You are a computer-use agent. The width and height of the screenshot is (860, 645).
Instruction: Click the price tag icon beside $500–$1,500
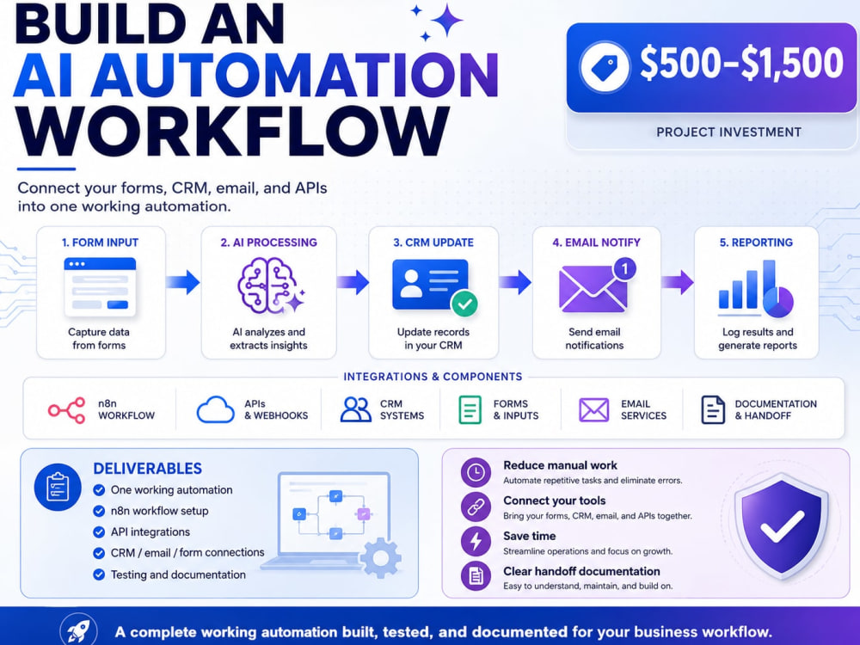tap(605, 67)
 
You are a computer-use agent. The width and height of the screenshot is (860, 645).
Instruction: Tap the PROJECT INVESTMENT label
tap(729, 132)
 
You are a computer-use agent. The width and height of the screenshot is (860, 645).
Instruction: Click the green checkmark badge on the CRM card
tap(464, 304)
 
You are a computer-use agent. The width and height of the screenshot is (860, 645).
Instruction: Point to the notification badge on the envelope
tap(624, 268)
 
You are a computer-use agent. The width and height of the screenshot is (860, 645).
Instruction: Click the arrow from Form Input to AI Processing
tap(182, 282)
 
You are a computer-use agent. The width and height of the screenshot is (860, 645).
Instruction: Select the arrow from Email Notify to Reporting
tap(678, 282)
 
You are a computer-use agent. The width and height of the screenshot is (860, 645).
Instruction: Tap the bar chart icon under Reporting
tap(756, 289)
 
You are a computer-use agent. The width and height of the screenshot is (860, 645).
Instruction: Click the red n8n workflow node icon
tap(67, 410)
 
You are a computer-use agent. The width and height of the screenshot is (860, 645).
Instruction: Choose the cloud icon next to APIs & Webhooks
tap(216, 409)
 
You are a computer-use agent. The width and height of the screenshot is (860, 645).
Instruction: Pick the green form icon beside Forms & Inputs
tap(470, 409)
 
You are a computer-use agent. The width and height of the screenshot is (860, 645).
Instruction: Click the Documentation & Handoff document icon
tap(713, 409)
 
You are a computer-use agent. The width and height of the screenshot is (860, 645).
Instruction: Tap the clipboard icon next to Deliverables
tap(58, 487)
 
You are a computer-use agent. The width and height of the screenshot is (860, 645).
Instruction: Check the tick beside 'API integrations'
tap(99, 532)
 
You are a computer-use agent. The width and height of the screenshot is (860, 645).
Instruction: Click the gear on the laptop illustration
tap(381, 558)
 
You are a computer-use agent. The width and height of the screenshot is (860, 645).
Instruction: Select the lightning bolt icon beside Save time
tap(476, 541)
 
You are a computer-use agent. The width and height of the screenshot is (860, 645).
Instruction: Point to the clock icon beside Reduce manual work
tap(476, 472)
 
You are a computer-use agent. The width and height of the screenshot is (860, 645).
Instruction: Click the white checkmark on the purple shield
tap(782, 526)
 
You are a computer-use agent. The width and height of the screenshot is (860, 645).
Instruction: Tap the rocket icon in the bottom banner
tap(78, 630)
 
